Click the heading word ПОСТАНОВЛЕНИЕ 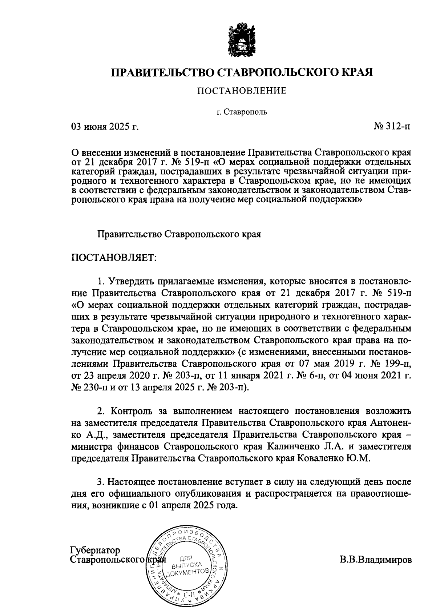click(242, 91)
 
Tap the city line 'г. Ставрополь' click(242, 111)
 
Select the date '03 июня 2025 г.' click(105, 127)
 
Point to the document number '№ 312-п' click(393, 127)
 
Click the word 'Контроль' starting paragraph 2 click(129, 411)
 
